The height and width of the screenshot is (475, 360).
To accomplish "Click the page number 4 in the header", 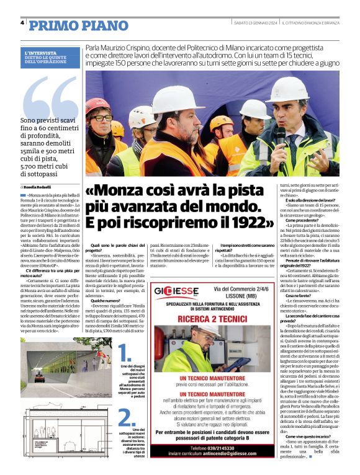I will pyautogui.click(x=22, y=23).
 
